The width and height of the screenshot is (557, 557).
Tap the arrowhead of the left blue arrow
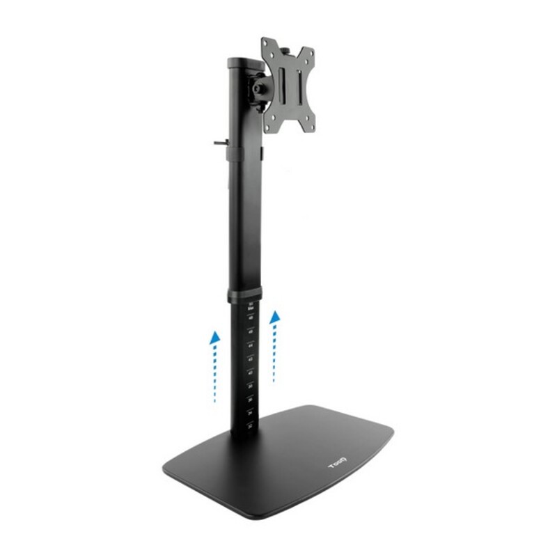click(x=216, y=337)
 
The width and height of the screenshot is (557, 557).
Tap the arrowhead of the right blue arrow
click(x=276, y=317)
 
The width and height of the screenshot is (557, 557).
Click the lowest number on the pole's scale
click(x=249, y=423)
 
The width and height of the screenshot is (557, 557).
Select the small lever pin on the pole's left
click(x=221, y=144)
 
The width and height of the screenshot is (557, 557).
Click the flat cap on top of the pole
click(x=241, y=61)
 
